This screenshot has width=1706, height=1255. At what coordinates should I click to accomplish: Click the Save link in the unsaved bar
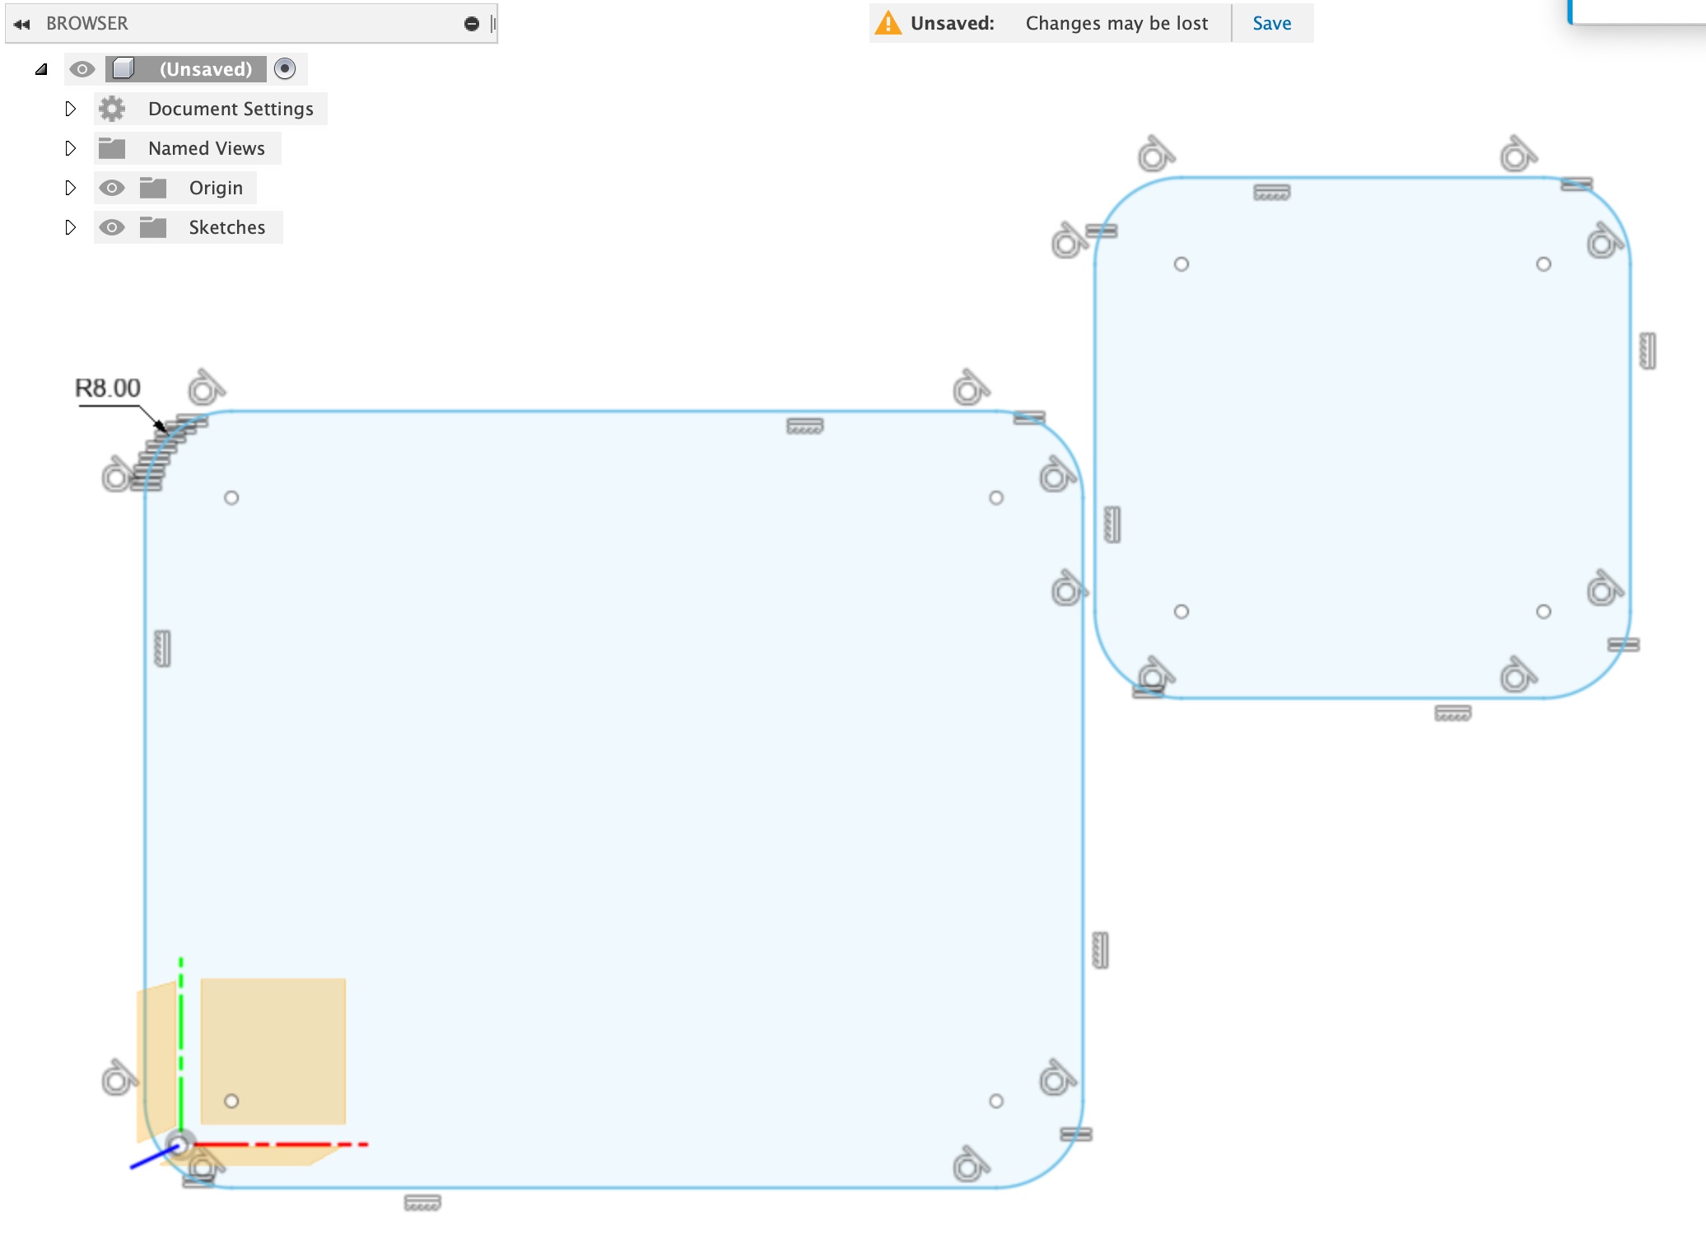[x=1271, y=23]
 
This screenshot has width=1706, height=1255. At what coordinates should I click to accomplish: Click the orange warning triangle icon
[x=888, y=23]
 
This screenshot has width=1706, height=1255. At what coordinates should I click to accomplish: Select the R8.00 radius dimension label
[x=108, y=388]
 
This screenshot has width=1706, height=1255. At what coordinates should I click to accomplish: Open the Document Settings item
[x=231, y=109]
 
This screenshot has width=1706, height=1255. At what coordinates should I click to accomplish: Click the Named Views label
[x=206, y=148]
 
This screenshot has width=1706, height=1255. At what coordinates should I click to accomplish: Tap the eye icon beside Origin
[x=112, y=188]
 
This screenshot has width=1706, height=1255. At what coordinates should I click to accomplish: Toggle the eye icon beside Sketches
[x=112, y=227]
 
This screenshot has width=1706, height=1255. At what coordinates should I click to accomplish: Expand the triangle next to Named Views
[x=70, y=148]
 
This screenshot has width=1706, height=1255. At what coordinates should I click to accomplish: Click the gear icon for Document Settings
[x=112, y=109]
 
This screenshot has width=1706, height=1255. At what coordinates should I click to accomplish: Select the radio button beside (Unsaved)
[x=285, y=69]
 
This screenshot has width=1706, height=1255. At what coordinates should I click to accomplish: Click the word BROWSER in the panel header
[x=87, y=23]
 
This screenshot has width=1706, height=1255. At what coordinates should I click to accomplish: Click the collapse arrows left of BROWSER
[x=22, y=24]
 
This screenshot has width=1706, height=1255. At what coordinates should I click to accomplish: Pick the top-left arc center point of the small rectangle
[x=1182, y=264]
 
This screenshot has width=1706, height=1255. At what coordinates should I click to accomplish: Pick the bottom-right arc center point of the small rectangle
[x=1544, y=612]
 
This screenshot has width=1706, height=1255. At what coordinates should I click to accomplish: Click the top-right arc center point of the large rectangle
[x=996, y=498]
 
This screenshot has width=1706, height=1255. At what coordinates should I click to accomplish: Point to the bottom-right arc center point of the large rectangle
[x=996, y=1101]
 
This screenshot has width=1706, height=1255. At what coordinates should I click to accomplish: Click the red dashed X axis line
[x=280, y=1145]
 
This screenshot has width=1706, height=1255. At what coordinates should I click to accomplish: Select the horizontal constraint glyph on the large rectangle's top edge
[x=804, y=427]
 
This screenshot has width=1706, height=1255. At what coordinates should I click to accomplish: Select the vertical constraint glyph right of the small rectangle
[x=1648, y=351]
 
